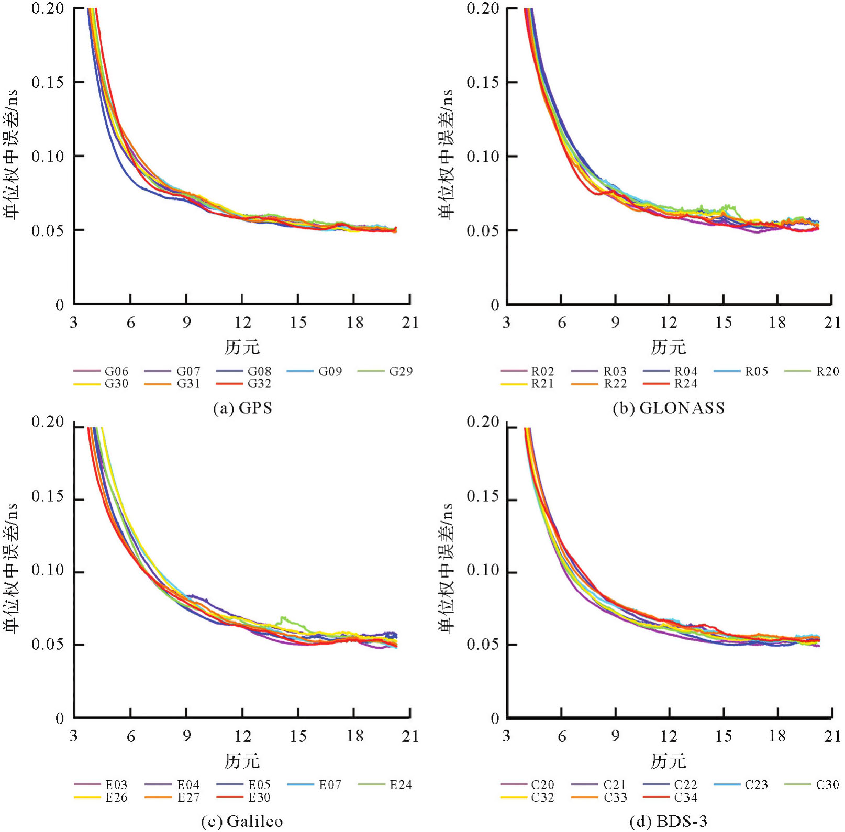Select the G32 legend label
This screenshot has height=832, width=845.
(x=259, y=384)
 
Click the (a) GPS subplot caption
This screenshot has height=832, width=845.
(x=242, y=408)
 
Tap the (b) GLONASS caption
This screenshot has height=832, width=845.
(x=669, y=408)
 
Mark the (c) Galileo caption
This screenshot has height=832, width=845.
(x=242, y=822)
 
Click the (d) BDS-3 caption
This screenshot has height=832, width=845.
(x=669, y=822)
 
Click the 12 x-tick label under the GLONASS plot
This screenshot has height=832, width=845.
(x=669, y=323)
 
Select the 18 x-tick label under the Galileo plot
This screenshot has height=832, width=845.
(x=354, y=737)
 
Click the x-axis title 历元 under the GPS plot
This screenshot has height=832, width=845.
(x=242, y=347)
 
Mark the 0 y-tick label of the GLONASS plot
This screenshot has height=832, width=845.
(x=494, y=305)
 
